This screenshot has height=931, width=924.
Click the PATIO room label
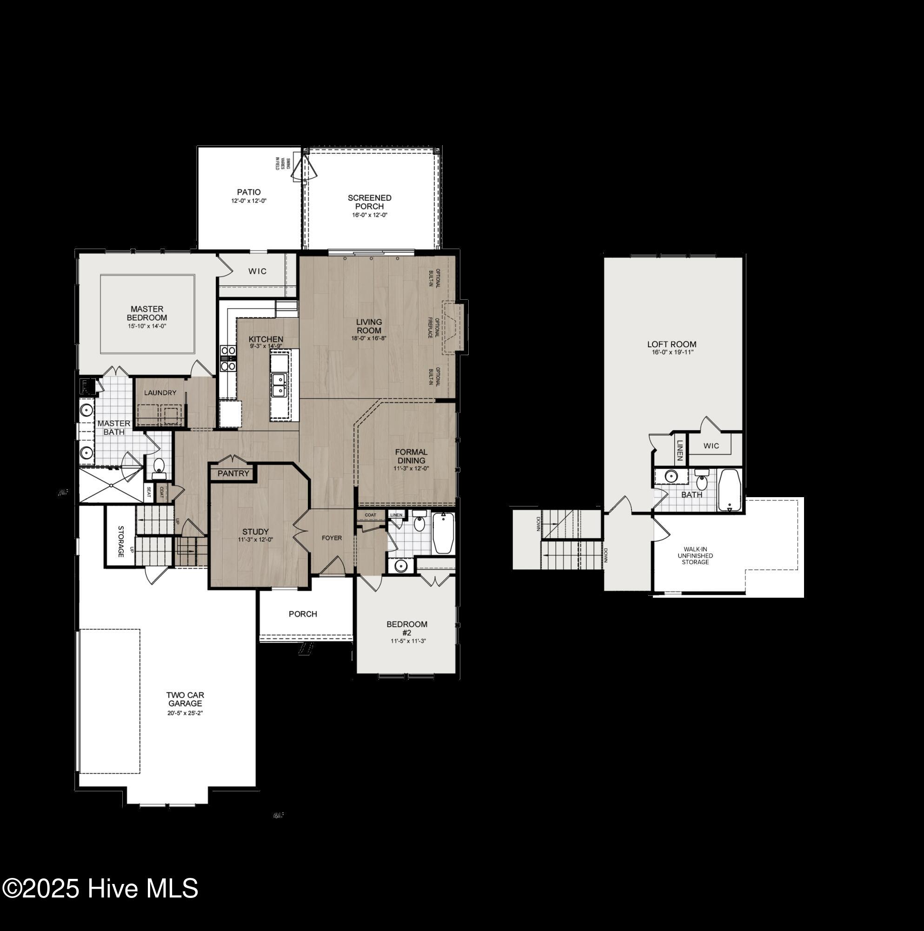coord(248,192)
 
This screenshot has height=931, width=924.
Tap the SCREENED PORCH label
coord(369,202)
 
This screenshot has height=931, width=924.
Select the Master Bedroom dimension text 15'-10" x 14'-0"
coord(147,326)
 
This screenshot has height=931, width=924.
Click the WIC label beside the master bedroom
coord(257,271)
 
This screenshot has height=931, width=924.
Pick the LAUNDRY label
coord(160,393)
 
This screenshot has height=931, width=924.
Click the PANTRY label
coord(233,473)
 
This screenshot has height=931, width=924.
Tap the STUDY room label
coord(255,532)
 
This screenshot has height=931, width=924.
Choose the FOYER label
coord(332,538)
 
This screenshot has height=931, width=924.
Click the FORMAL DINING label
coord(411,456)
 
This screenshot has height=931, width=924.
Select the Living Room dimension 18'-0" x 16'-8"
coord(369,338)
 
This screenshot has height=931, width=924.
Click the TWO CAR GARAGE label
coord(186,699)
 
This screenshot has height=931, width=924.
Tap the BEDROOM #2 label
coord(407,628)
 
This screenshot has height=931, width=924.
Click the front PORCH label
coord(303,614)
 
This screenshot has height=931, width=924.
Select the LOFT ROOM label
coord(671,344)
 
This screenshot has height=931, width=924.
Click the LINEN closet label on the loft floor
coord(680,450)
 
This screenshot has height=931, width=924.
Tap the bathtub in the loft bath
coord(730,490)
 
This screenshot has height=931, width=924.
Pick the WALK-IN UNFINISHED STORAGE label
coord(695,556)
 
